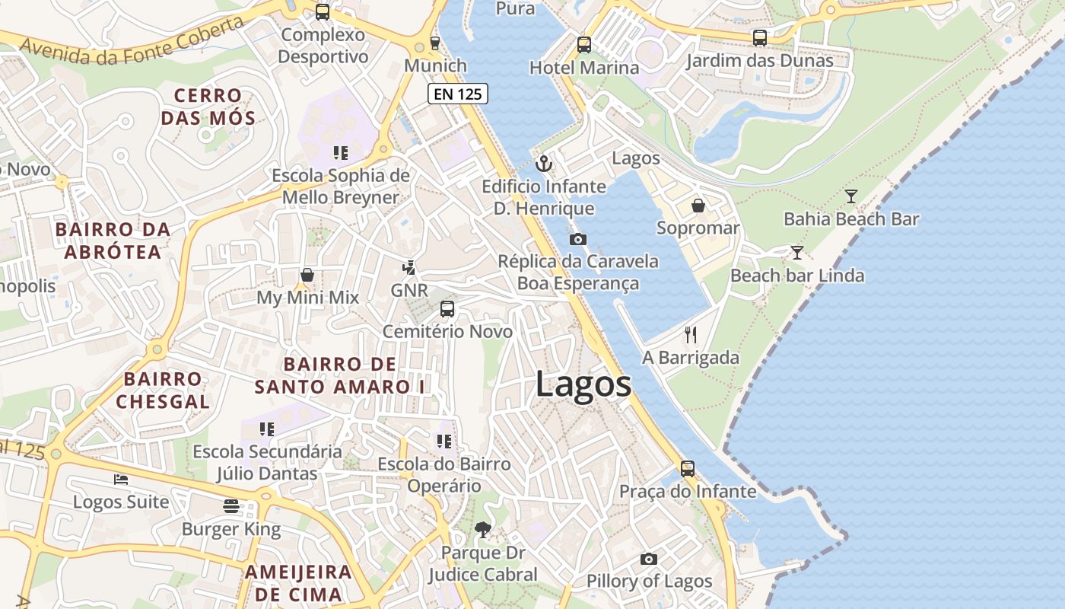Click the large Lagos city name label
[x=583, y=384]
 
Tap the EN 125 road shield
[x=457, y=94]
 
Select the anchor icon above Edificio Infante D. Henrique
[x=544, y=164]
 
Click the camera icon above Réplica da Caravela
[x=578, y=239]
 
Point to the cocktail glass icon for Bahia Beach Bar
[x=851, y=196]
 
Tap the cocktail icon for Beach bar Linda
[x=796, y=252]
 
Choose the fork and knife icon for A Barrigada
[x=691, y=334]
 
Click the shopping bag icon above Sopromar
[x=698, y=206]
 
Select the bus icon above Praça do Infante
[x=688, y=469]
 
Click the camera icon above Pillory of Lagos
[x=648, y=559]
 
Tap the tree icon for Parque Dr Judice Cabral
[x=482, y=529]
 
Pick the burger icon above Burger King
[x=231, y=506]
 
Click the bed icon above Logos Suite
[x=121, y=479]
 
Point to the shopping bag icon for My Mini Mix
[x=307, y=275]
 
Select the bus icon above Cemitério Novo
[x=447, y=309]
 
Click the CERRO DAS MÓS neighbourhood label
[x=208, y=107]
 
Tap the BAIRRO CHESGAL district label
[x=163, y=390]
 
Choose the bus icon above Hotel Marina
[x=584, y=45]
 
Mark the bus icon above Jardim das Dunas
[x=759, y=38]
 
